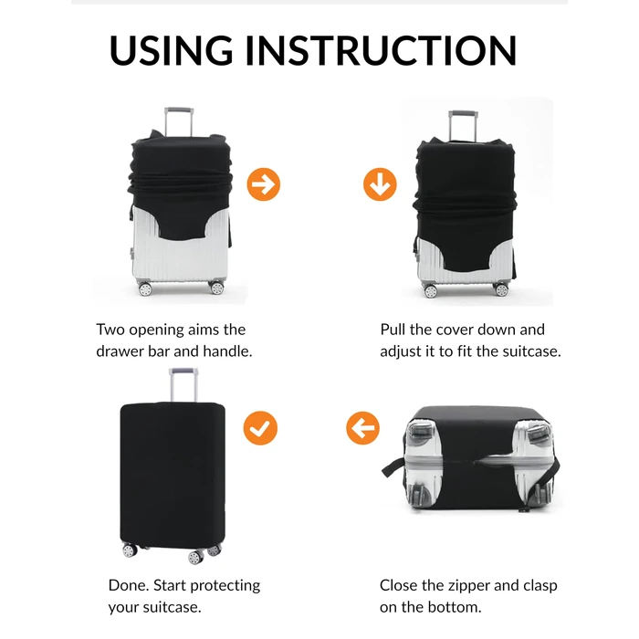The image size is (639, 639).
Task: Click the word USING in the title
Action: pyautogui.click(x=171, y=50)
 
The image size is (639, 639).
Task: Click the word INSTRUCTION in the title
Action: pyautogui.click(x=381, y=50)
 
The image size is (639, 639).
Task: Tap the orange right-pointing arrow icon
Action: pyautogui.click(x=264, y=184)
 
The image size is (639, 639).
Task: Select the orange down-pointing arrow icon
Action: pyautogui.click(x=380, y=184)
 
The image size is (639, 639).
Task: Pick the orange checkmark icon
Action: pyautogui.click(x=260, y=428)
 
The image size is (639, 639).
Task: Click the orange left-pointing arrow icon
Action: pyautogui.click(x=362, y=428)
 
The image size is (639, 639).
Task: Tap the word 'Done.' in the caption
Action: pyautogui.click(x=129, y=585)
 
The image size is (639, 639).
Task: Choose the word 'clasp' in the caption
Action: pyautogui.click(x=540, y=586)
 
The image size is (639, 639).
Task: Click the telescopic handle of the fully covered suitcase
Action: pyautogui.click(x=183, y=384)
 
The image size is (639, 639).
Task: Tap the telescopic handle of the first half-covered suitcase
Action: pyautogui.click(x=179, y=122)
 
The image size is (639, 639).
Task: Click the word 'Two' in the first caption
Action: pyautogui.click(x=110, y=330)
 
